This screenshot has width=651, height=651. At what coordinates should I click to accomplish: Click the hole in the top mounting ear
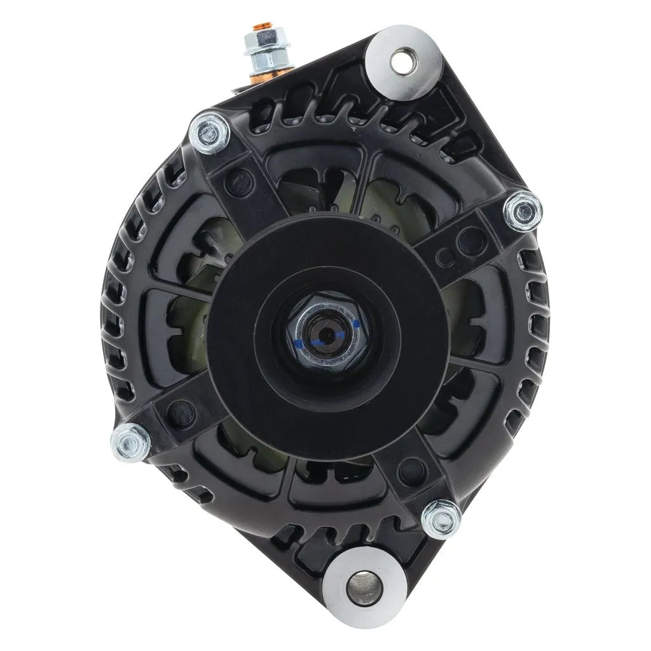pos(402,62)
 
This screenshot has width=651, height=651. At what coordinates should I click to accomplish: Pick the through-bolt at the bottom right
pos(441,518)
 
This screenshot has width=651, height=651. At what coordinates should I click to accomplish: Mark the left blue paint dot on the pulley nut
pos(298,343)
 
